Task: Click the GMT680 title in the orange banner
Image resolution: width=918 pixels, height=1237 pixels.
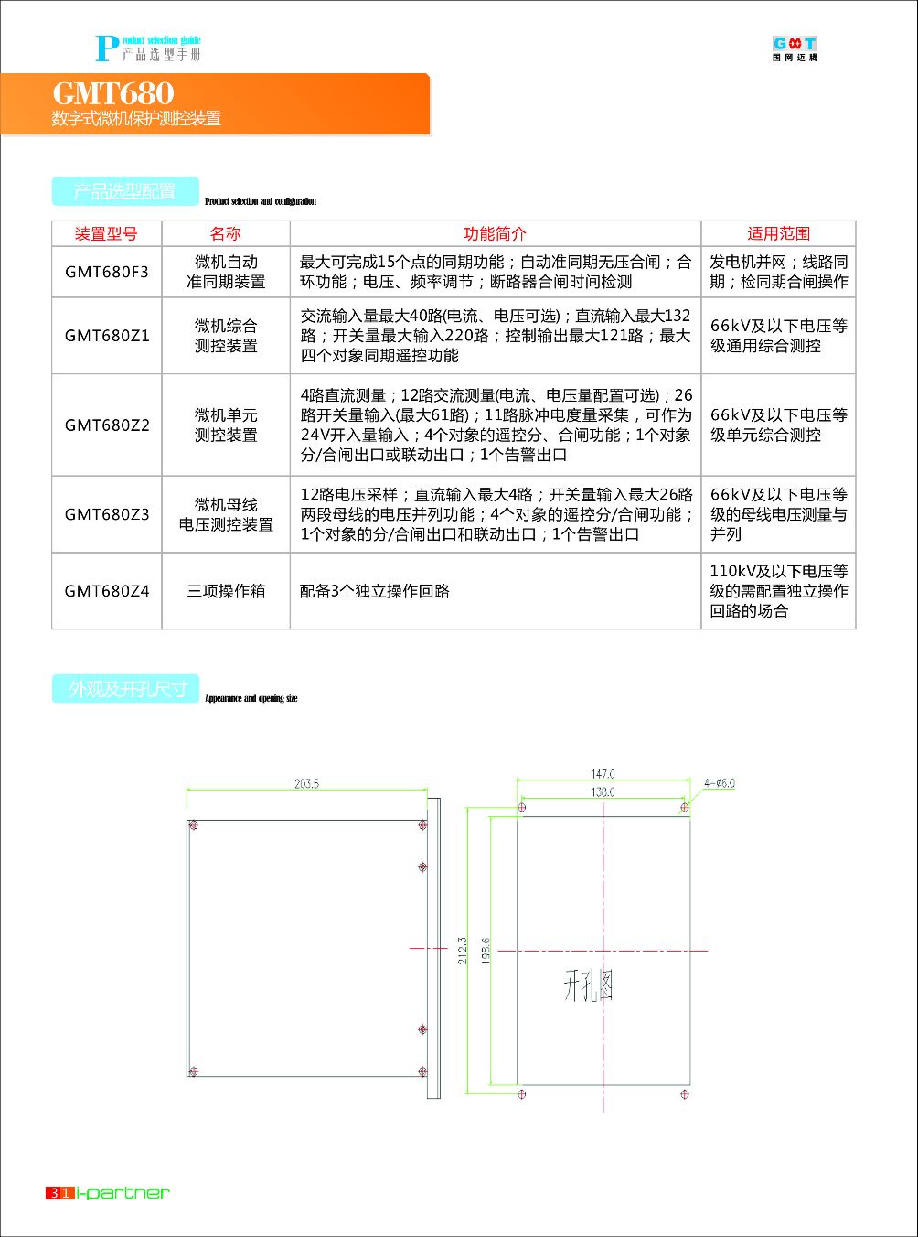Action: click(112, 93)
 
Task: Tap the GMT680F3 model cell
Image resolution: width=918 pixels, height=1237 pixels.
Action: click(107, 272)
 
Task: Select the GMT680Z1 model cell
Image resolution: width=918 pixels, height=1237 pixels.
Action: click(107, 336)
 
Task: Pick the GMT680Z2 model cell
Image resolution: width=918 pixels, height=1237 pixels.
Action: click(107, 425)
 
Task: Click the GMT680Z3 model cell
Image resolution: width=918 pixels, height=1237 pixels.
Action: click(107, 514)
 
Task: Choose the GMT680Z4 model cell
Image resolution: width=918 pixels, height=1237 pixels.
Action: click(107, 591)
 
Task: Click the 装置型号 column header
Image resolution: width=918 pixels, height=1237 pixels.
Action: click(106, 234)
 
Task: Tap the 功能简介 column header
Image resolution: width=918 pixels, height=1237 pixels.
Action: click(495, 234)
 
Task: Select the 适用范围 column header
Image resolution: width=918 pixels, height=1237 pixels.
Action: click(778, 234)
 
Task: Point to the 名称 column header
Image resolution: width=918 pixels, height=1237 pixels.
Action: click(226, 234)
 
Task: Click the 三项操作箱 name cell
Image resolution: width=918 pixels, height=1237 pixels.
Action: click(226, 591)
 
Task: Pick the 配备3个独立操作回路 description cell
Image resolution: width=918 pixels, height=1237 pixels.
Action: click(375, 591)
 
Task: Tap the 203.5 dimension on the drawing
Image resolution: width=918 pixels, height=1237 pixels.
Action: click(306, 783)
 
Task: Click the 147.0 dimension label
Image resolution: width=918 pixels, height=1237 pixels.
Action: click(603, 774)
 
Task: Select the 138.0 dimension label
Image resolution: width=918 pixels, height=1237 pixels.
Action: click(603, 792)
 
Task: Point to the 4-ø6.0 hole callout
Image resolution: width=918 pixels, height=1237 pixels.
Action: click(719, 783)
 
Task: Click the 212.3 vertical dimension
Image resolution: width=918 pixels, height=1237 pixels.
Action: click(463, 950)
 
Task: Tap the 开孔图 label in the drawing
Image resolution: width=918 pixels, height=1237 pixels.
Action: click(587, 986)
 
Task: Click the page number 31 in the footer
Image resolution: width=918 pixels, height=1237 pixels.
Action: click(60, 1193)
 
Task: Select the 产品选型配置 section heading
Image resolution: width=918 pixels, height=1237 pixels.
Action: click(125, 191)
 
